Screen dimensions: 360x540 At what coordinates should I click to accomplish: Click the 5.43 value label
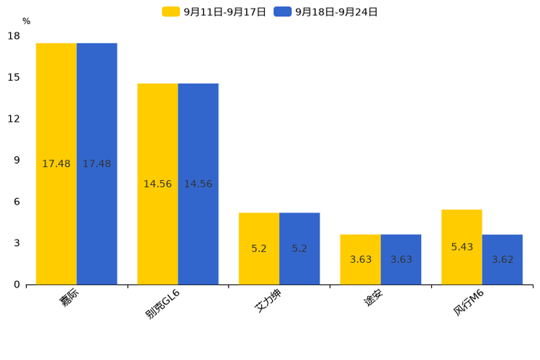pos(462,247)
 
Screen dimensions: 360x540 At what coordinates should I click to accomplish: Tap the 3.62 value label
pos(502,260)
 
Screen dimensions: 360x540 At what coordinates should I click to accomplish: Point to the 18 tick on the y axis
pos(14,36)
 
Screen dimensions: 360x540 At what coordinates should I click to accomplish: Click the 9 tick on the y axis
pos(17,160)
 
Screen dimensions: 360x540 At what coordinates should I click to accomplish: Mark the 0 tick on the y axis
pos(17,285)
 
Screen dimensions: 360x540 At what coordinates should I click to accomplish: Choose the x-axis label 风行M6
pos(468,303)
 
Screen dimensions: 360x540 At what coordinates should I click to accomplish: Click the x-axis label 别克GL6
pos(163,304)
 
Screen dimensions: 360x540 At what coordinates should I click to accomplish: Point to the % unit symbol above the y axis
pos(26,21)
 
